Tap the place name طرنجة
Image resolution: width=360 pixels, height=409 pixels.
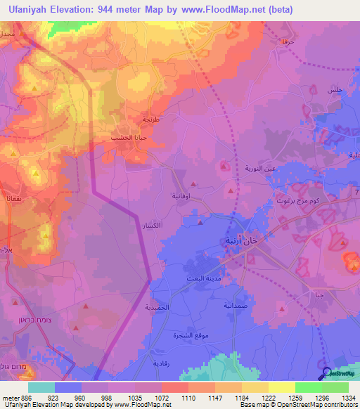152,120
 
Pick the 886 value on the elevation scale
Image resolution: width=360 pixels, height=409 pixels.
20,398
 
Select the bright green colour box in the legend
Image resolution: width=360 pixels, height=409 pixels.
308,387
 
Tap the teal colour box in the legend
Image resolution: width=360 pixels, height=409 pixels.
41,387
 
